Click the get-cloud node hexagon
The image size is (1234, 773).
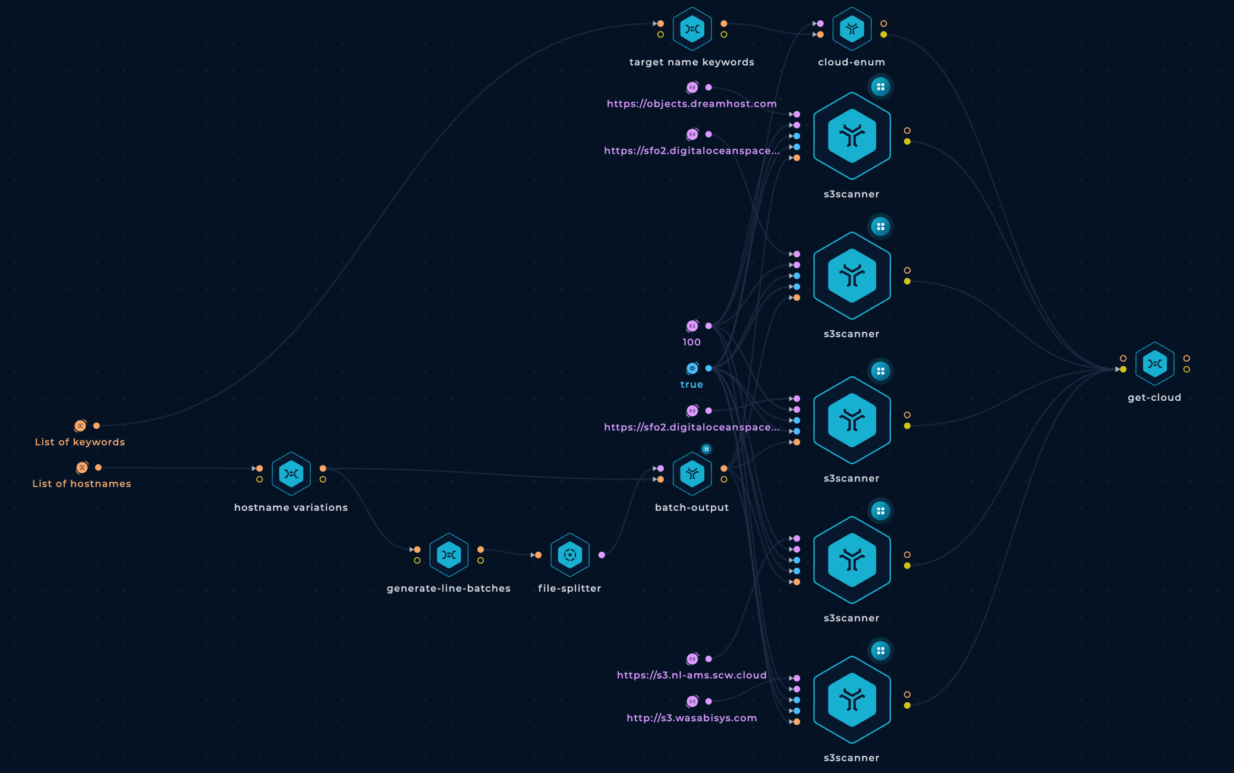(1154, 364)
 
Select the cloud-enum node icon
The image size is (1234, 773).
(852, 29)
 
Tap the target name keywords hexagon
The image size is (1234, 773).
(692, 29)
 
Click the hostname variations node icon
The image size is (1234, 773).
(291, 474)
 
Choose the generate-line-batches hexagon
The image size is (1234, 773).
(449, 555)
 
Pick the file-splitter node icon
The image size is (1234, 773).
(570, 555)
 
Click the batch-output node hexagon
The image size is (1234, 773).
(692, 474)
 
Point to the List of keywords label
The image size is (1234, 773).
(80, 442)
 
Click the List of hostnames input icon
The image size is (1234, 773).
(82, 467)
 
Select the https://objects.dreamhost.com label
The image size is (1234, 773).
(692, 103)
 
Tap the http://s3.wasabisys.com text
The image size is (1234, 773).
(692, 718)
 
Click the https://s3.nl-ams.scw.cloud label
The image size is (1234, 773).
(692, 675)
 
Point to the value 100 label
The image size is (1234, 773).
(692, 342)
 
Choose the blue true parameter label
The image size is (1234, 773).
(692, 384)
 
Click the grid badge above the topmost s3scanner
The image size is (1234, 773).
(881, 87)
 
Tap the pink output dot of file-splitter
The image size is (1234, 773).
(602, 555)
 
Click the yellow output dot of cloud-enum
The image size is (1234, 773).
(884, 34)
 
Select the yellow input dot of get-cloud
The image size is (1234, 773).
(1123, 369)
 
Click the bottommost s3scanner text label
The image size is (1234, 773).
(852, 758)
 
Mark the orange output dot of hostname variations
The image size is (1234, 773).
(323, 469)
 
